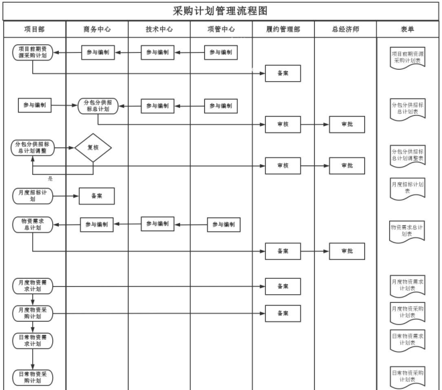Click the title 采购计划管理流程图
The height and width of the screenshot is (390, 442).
coord(220,11)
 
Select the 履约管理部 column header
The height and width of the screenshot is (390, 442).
coord(283,30)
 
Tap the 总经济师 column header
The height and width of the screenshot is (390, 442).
coord(346,30)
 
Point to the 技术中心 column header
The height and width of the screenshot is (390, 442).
coord(159,30)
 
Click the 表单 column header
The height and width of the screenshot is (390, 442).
coord(407,30)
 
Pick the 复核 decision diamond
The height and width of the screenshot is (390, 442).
coord(92,147)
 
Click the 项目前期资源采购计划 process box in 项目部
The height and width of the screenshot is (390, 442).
coord(32,53)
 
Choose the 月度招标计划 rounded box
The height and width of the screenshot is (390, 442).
coord(32,196)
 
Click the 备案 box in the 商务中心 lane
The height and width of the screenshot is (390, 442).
coord(97,196)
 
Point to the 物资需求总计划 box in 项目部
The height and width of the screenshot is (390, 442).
coord(32,224)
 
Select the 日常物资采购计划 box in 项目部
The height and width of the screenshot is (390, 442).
coord(32,377)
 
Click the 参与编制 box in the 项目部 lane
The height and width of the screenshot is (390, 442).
coord(35,105)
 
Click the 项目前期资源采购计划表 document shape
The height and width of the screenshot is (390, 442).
coord(407,57)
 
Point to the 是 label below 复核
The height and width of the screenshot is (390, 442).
coord(50,178)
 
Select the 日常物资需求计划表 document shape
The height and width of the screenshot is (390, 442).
coord(407,338)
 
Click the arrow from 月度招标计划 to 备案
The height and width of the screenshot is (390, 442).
coord(66,196)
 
